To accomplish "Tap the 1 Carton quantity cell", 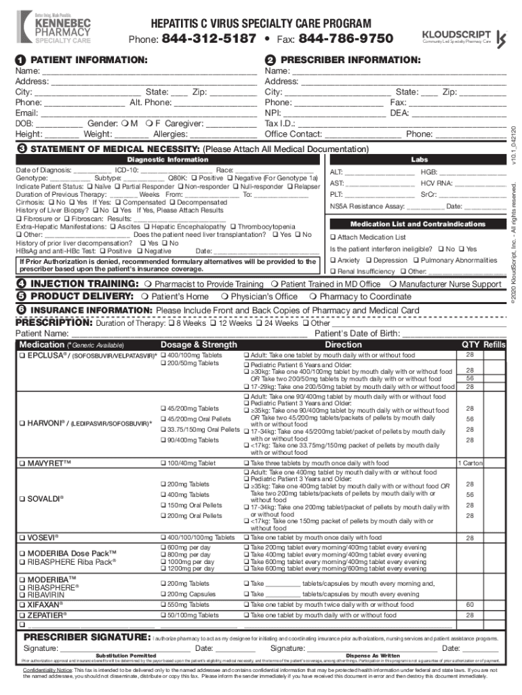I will [x=470, y=463].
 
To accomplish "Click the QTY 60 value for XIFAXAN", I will [x=469, y=604].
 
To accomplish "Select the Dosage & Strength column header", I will [x=199, y=345].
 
